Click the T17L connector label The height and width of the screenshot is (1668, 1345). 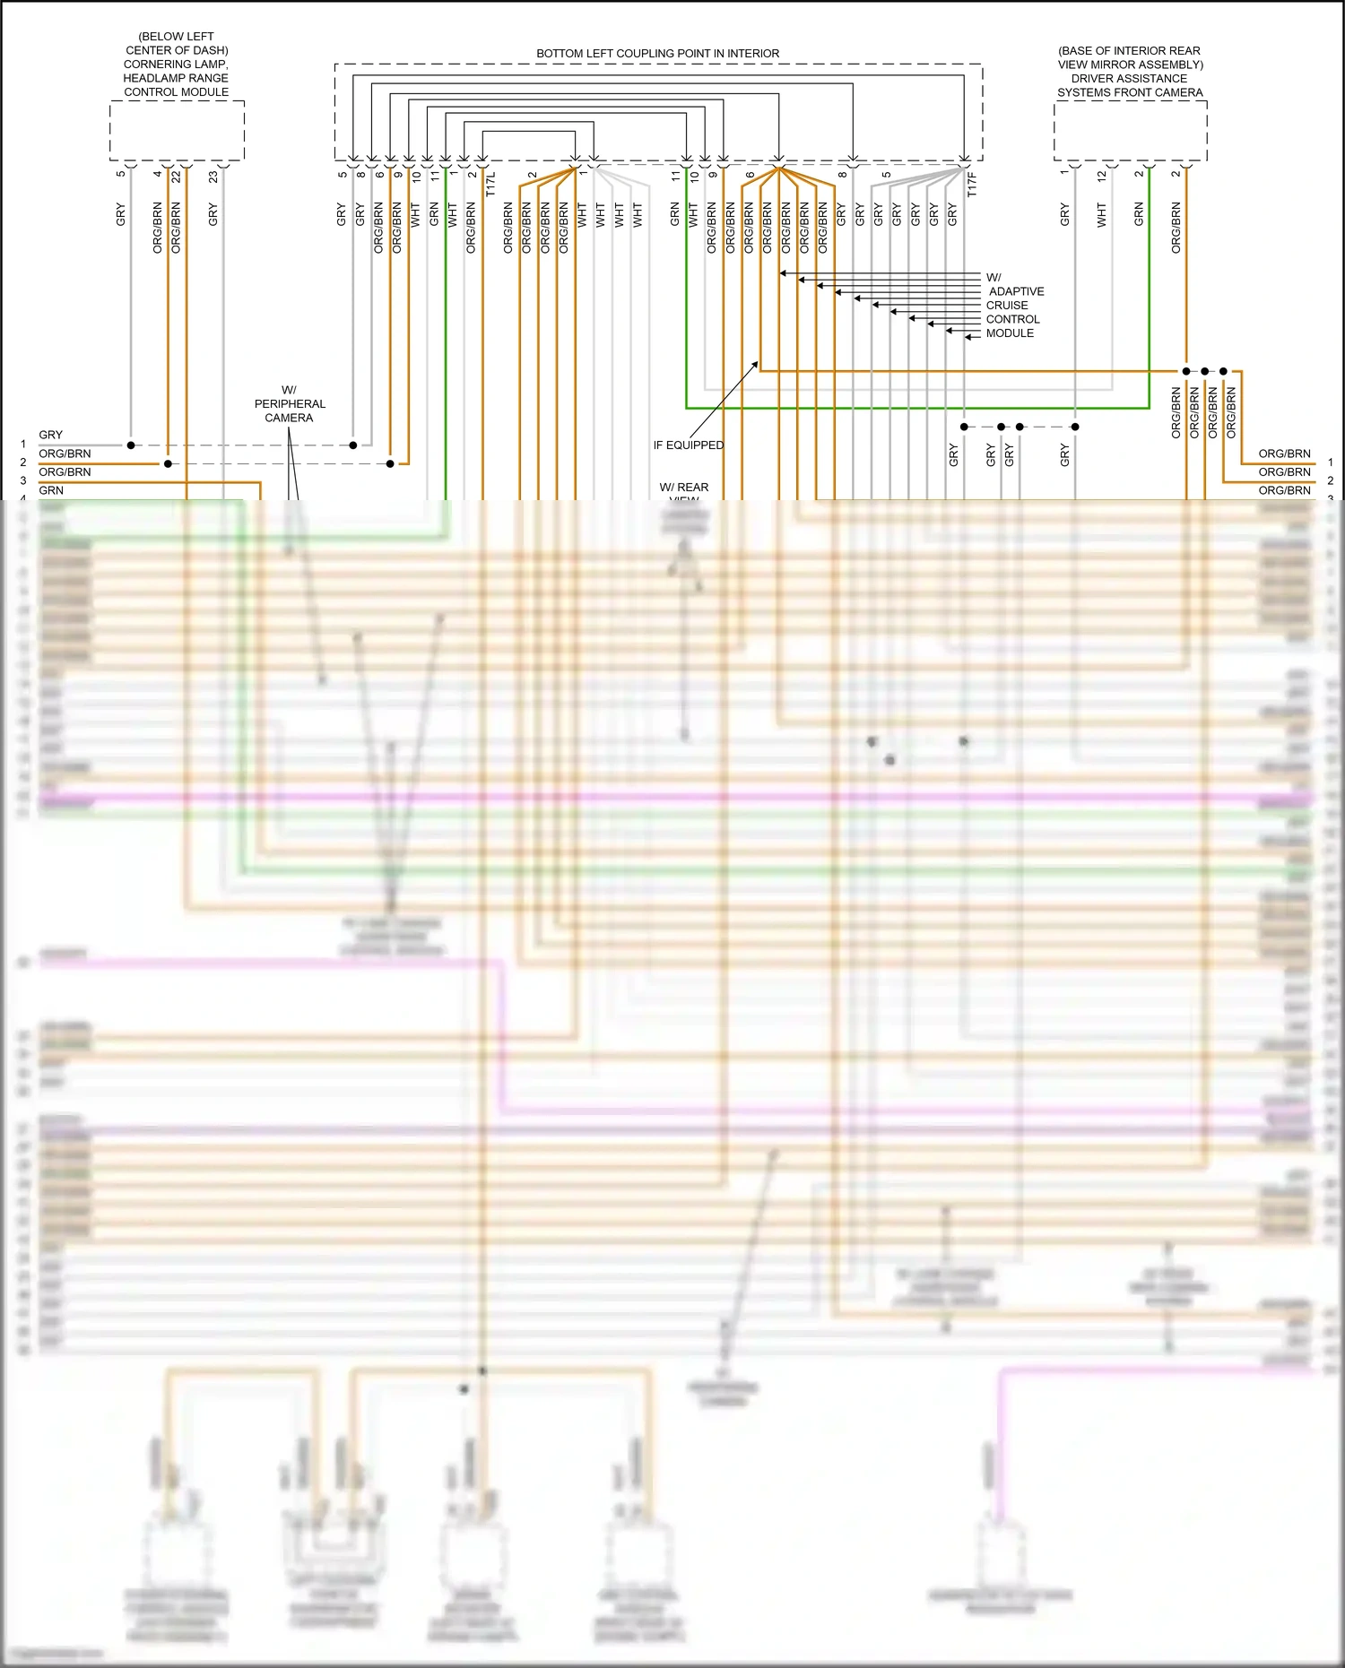tap(490, 185)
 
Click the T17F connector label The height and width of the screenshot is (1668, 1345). tap(971, 185)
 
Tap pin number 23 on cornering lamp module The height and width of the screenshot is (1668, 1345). tap(213, 177)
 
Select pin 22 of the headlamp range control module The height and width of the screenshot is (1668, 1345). tap(177, 177)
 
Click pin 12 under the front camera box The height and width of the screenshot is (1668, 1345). tap(1102, 177)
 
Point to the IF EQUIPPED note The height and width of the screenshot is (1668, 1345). tap(688, 445)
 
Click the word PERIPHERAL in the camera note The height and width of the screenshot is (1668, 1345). tap(290, 404)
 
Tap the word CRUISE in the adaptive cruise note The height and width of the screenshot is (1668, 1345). tap(1006, 306)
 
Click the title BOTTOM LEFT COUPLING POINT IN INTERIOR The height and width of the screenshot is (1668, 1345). tap(657, 54)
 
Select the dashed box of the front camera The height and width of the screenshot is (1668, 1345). tap(1130, 131)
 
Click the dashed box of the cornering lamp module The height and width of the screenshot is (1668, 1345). tap(177, 131)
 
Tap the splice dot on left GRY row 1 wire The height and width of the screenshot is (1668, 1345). tap(131, 445)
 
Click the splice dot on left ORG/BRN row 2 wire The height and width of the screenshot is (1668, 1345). tap(168, 464)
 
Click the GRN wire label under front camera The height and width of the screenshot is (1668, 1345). tap(1139, 214)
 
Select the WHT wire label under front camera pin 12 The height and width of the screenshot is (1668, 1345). tap(1102, 215)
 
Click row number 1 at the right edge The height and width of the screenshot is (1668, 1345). tap(1331, 462)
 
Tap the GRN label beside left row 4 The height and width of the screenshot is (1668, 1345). tap(51, 490)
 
